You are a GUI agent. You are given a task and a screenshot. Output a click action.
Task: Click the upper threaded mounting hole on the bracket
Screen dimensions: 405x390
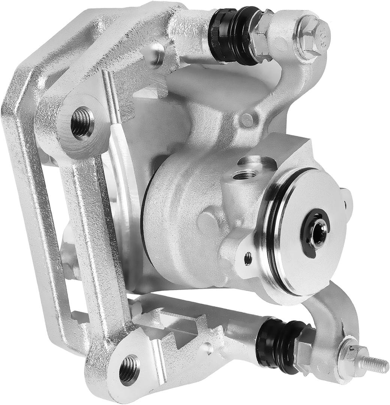82,122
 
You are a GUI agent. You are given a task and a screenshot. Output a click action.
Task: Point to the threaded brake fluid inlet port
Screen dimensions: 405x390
244,174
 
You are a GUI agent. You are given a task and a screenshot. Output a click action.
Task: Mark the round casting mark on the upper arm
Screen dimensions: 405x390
247,120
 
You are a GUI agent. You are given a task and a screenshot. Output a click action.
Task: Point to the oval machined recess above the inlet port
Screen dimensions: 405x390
257,162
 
